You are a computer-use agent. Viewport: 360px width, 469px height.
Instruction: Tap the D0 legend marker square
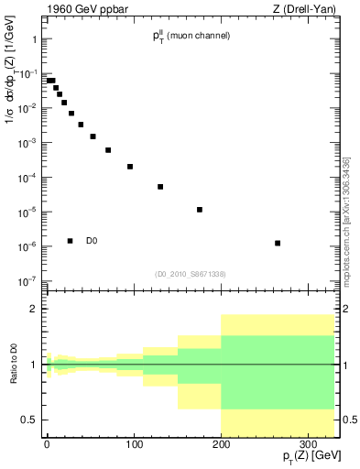70,241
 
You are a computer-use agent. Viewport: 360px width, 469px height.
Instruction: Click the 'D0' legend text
92,241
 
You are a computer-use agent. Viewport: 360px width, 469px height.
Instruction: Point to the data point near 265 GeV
277,243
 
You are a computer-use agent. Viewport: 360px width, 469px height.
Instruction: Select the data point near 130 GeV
160,187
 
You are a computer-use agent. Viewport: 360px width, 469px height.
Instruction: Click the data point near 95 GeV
130,167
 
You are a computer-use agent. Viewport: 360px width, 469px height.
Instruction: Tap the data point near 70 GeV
108,150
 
